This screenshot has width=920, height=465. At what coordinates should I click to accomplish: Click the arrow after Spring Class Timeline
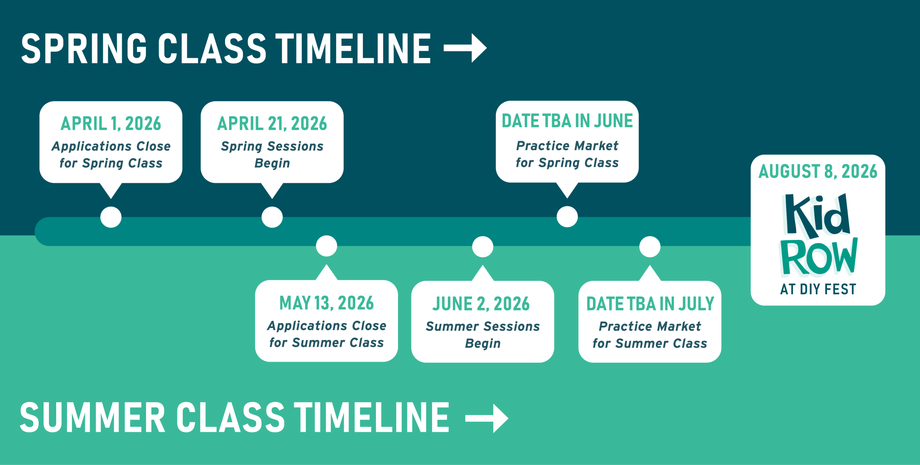point(465,48)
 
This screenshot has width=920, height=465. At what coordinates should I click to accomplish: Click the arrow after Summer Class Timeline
point(487,418)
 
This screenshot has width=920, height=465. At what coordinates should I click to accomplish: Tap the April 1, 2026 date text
point(111,124)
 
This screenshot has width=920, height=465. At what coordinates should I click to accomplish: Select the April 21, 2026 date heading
point(272,124)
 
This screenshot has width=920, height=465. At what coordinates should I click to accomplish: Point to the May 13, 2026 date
point(327,303)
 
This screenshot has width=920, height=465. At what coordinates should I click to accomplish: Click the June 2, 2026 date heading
point(481,304)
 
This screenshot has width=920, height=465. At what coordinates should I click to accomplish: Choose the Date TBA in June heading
point(567,121)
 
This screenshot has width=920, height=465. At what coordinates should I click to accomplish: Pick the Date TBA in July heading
point(650,304)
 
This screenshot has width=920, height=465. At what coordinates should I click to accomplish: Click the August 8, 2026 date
point(818,172)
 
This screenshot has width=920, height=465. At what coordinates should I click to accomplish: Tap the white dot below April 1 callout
point(111,217)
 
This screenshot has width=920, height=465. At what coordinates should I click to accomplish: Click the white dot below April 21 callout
point(272,217)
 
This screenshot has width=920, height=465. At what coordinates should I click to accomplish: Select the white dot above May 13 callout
point(327,246)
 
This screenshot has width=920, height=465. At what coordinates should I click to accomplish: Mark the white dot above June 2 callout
point(483,247)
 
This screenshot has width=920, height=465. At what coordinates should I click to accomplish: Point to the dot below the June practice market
point(567,217)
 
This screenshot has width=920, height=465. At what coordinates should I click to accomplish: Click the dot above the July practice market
point(650,247)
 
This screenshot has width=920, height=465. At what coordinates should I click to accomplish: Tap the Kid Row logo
point(818,235)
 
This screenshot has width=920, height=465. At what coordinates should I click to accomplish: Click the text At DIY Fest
point(818,289)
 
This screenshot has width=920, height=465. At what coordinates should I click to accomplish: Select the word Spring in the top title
point(84,49)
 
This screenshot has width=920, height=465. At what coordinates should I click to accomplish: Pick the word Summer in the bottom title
point(93,418)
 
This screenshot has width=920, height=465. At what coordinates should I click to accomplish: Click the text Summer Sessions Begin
point(483,335)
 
